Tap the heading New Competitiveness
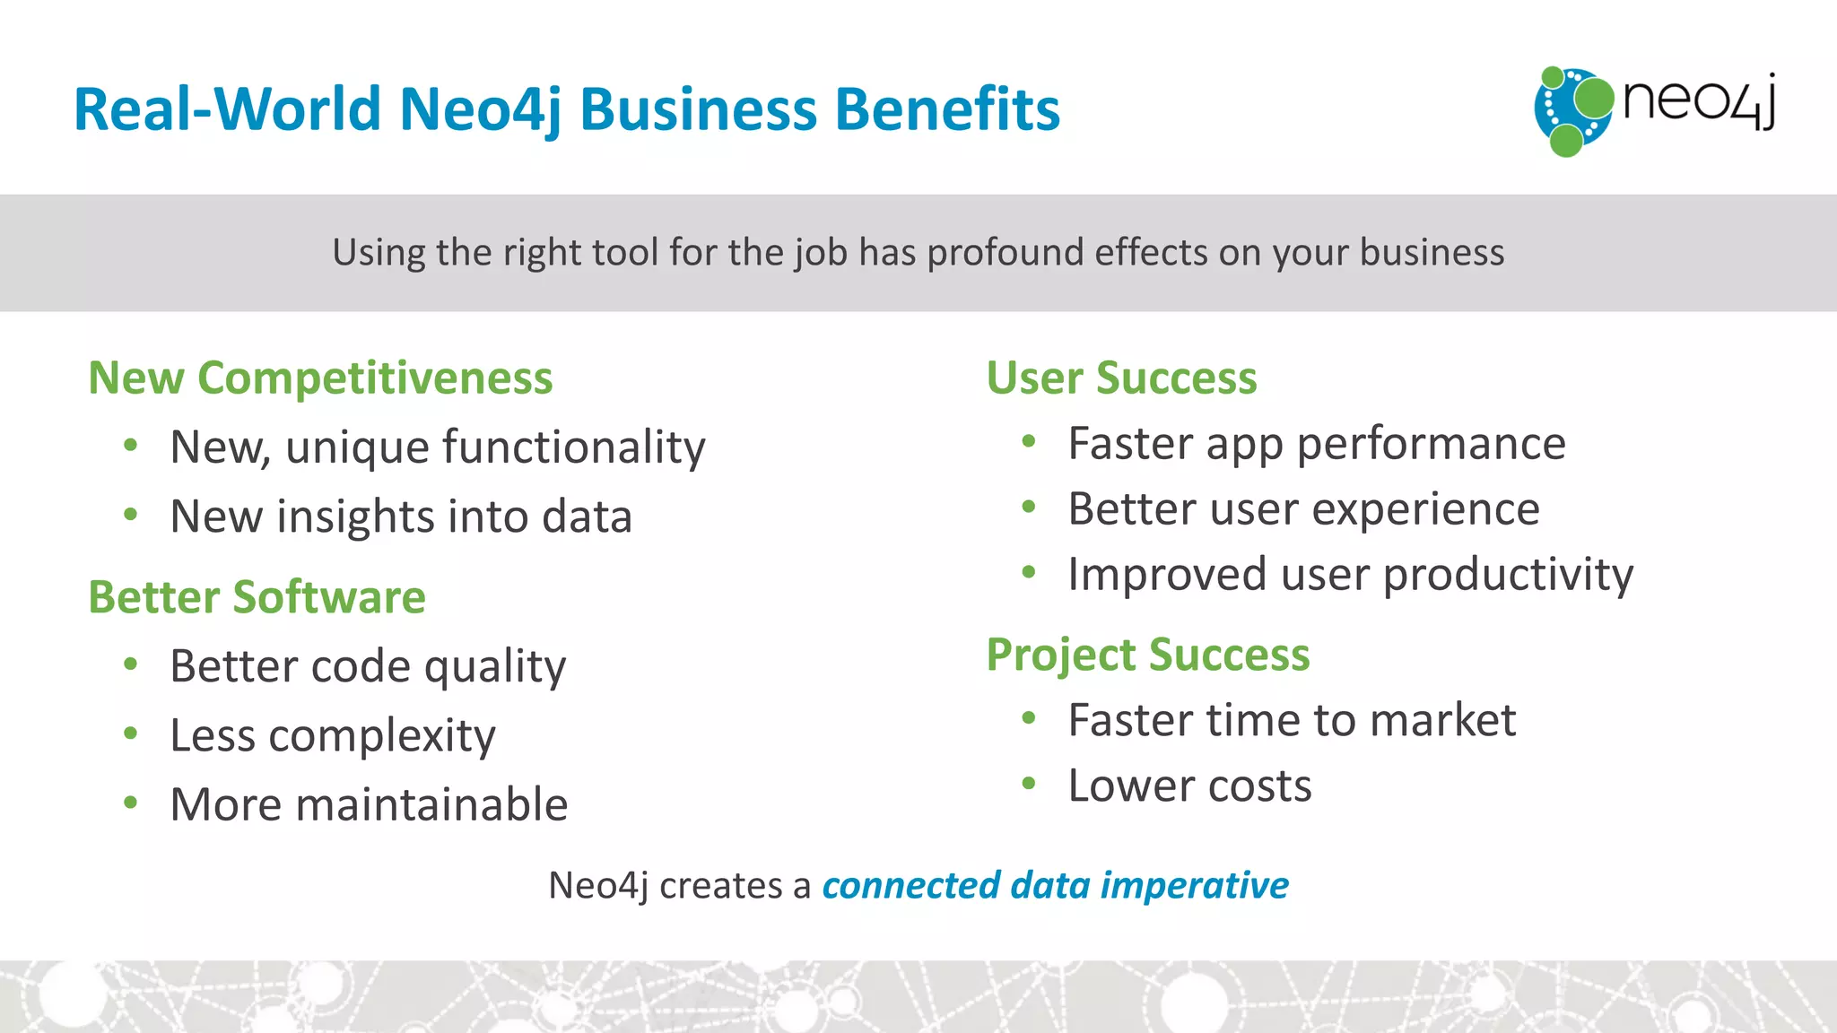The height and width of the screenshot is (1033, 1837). (320, 378)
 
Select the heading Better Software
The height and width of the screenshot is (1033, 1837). (257, 597)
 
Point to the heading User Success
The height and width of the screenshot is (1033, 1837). (1121, 378)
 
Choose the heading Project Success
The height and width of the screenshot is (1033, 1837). (1147, 654)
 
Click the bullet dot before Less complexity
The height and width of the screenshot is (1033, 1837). (131, 734)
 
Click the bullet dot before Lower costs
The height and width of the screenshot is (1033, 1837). (1029, 785)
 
